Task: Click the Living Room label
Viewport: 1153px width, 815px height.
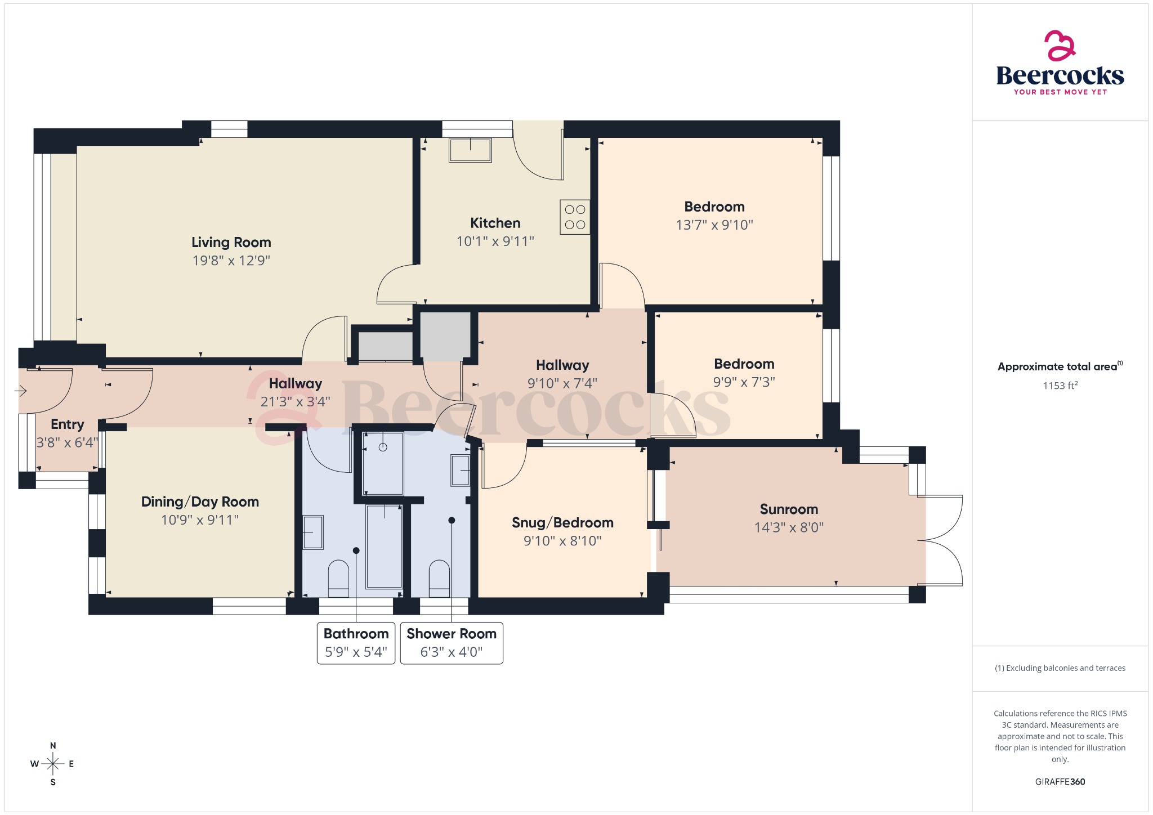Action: [231, 242]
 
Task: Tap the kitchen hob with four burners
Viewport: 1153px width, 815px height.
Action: [575, 217]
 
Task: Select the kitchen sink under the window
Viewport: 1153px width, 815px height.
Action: [470, 150]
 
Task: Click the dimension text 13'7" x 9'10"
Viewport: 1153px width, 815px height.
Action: [714, 225]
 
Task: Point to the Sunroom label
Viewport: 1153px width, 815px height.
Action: [789, 509]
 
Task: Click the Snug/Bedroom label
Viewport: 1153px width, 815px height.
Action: [562, 522]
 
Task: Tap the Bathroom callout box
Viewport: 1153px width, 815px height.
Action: [356, 643]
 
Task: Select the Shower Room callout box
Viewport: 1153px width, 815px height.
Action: [452, 643]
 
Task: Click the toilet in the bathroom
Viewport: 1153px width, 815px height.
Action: [338, 578]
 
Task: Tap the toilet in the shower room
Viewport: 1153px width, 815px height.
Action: [439, 578]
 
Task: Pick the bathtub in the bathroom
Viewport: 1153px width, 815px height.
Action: [384, 546]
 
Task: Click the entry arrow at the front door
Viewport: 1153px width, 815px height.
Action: [21, 390]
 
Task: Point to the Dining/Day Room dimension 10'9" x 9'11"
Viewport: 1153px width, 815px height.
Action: [200, 520]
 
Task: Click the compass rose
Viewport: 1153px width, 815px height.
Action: [53, 764]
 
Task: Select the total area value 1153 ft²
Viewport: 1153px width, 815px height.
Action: [1060, 386]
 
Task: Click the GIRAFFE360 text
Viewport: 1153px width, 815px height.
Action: [1060, 782]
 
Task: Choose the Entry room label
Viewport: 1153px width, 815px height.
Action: [67, 424]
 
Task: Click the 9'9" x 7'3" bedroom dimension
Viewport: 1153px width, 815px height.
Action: [744, 382]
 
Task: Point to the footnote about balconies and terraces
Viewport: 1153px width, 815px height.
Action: [1060, 668]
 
